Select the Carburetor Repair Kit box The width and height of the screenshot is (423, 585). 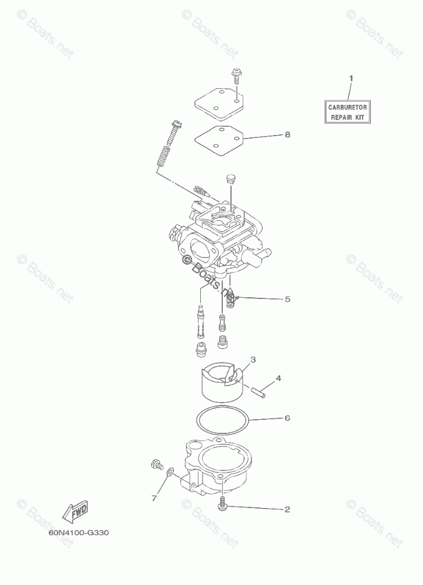point(349,112)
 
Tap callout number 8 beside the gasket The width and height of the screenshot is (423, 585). point(287,135)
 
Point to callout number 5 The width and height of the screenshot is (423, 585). point(287,299)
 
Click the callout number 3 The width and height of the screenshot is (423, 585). point(253,359)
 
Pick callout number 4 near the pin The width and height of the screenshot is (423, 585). point(278,378)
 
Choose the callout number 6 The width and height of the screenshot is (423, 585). point(287,418)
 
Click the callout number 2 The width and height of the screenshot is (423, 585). point(287,509)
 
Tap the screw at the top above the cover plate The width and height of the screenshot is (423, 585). point(236,75)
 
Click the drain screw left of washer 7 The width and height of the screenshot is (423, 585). point(156,465)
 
